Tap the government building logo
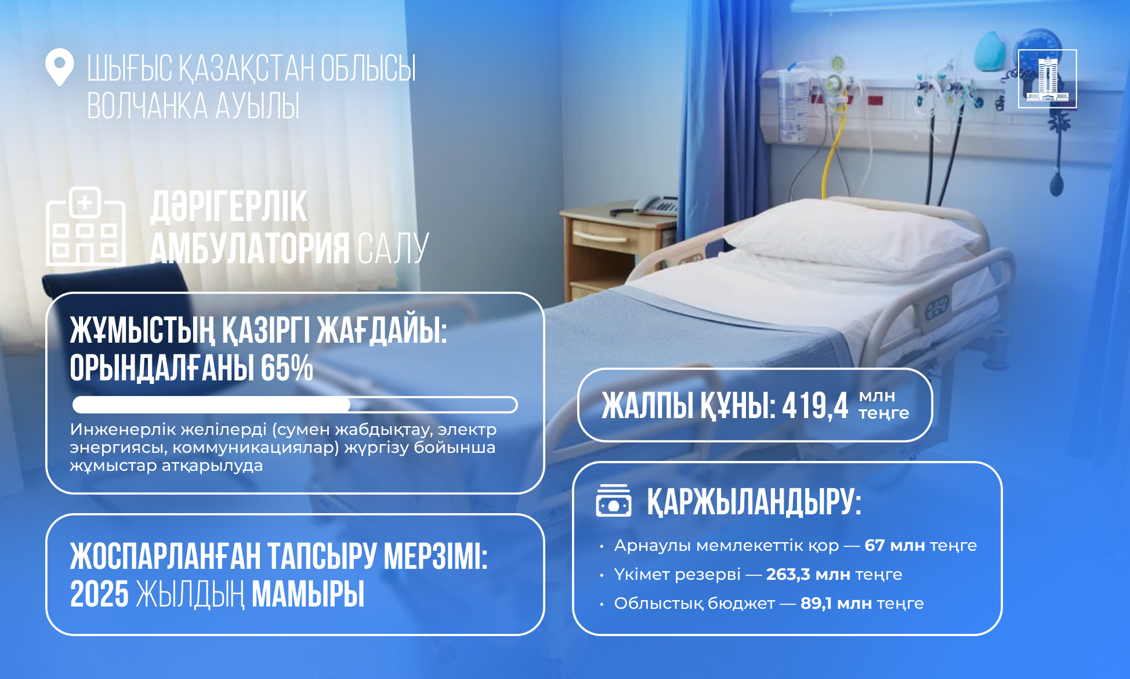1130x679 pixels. pyautogui.click(x=1047, y=79)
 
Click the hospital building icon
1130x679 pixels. pyautogui.click(x=85, y=227)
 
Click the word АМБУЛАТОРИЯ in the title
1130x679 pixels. pyautogui.click(x=250, y=249)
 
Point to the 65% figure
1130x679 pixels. pyautogui.click(x=287, y=368)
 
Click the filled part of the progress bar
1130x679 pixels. pyautogui.click(x=211, y=405)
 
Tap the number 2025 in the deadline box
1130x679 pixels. pyautogui.click(x=99, y=594)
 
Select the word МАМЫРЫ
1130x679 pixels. pyautogui.click(x=308, y=594)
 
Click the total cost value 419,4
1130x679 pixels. pyautogui.click(x=815, y=405)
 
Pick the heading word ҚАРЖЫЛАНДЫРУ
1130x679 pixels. pyautogui.click(x=754, y=502)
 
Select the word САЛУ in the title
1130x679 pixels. pyautogui.click(x=393, y=249)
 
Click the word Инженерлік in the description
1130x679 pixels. pyautogui.click(x=123, y=430)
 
